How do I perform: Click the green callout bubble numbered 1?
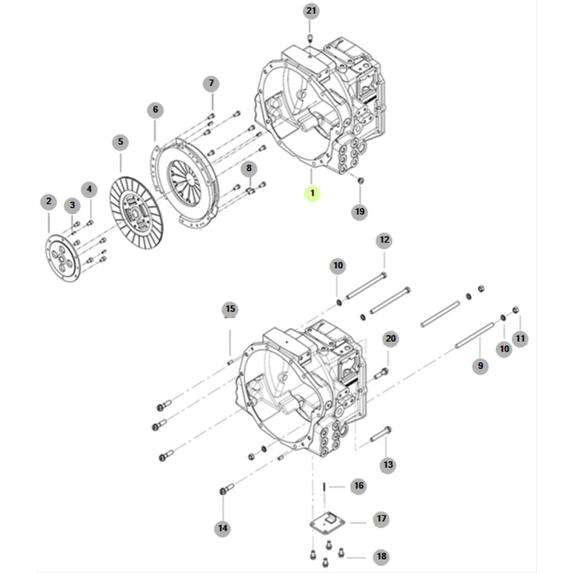(x=313, y=192)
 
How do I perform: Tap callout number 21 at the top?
(x=310, y=10)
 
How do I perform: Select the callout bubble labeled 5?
(x=120, y=142)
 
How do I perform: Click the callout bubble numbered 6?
(x=156, y=110)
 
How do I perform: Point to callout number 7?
(x=211, y=84)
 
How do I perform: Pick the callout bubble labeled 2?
(x=48, y=201)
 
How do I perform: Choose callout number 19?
(x=359, y=211)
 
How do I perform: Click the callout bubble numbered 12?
(x=384, y=240)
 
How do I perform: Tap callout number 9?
(x=479, y=365)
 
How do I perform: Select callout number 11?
(x=520, y=338)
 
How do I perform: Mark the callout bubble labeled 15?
(x=230, y=308)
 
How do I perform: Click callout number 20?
(x=390, y=338)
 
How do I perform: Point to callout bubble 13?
(x=387, y=463)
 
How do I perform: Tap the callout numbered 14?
(x=222, y=529)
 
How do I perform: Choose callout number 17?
(x=381, y=519)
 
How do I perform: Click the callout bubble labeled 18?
(x=381, y=556)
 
